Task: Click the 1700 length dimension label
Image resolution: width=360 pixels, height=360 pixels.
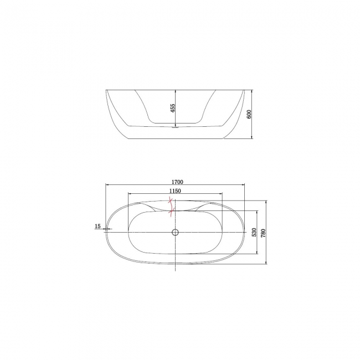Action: (177, 182)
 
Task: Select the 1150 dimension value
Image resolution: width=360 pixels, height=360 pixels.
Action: (175, 191)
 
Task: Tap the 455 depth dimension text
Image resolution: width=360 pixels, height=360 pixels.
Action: (173, 108)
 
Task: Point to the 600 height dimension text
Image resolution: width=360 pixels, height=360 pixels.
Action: (249, 114)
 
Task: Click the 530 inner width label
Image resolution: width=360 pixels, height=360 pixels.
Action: (254, 233)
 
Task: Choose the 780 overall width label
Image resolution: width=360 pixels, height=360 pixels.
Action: (263, 233)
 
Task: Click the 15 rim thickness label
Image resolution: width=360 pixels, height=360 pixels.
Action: (97, 226)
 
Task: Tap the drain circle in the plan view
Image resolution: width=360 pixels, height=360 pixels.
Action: (175, 233)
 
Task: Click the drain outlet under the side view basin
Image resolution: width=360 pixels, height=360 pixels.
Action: (175, 127)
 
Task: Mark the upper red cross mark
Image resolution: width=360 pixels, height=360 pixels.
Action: (171, 201)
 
